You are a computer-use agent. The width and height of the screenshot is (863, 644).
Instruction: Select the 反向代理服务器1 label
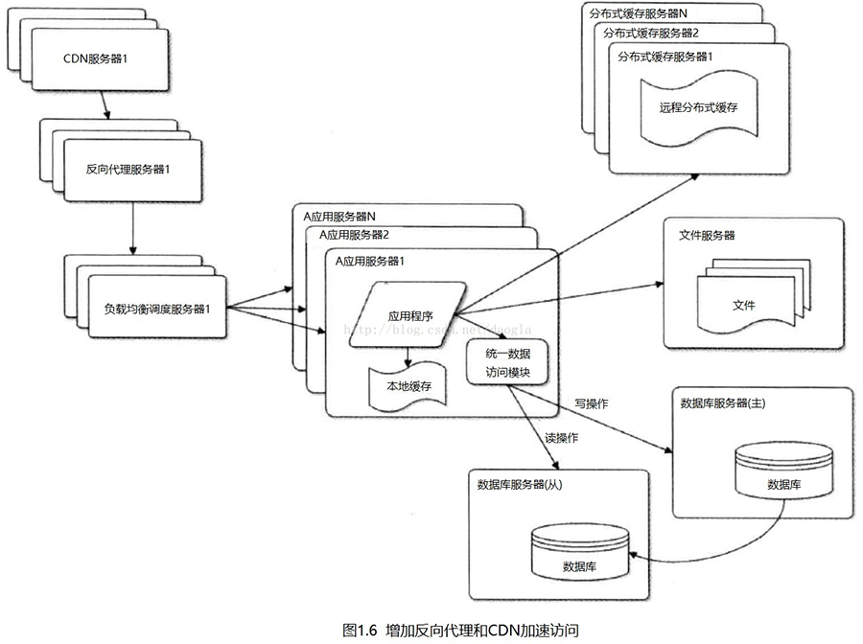pos(128,169)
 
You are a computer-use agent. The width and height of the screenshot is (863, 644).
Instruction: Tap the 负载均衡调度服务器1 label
pos(157,309)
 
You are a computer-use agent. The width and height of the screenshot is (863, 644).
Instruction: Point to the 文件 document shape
pos(743,305)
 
